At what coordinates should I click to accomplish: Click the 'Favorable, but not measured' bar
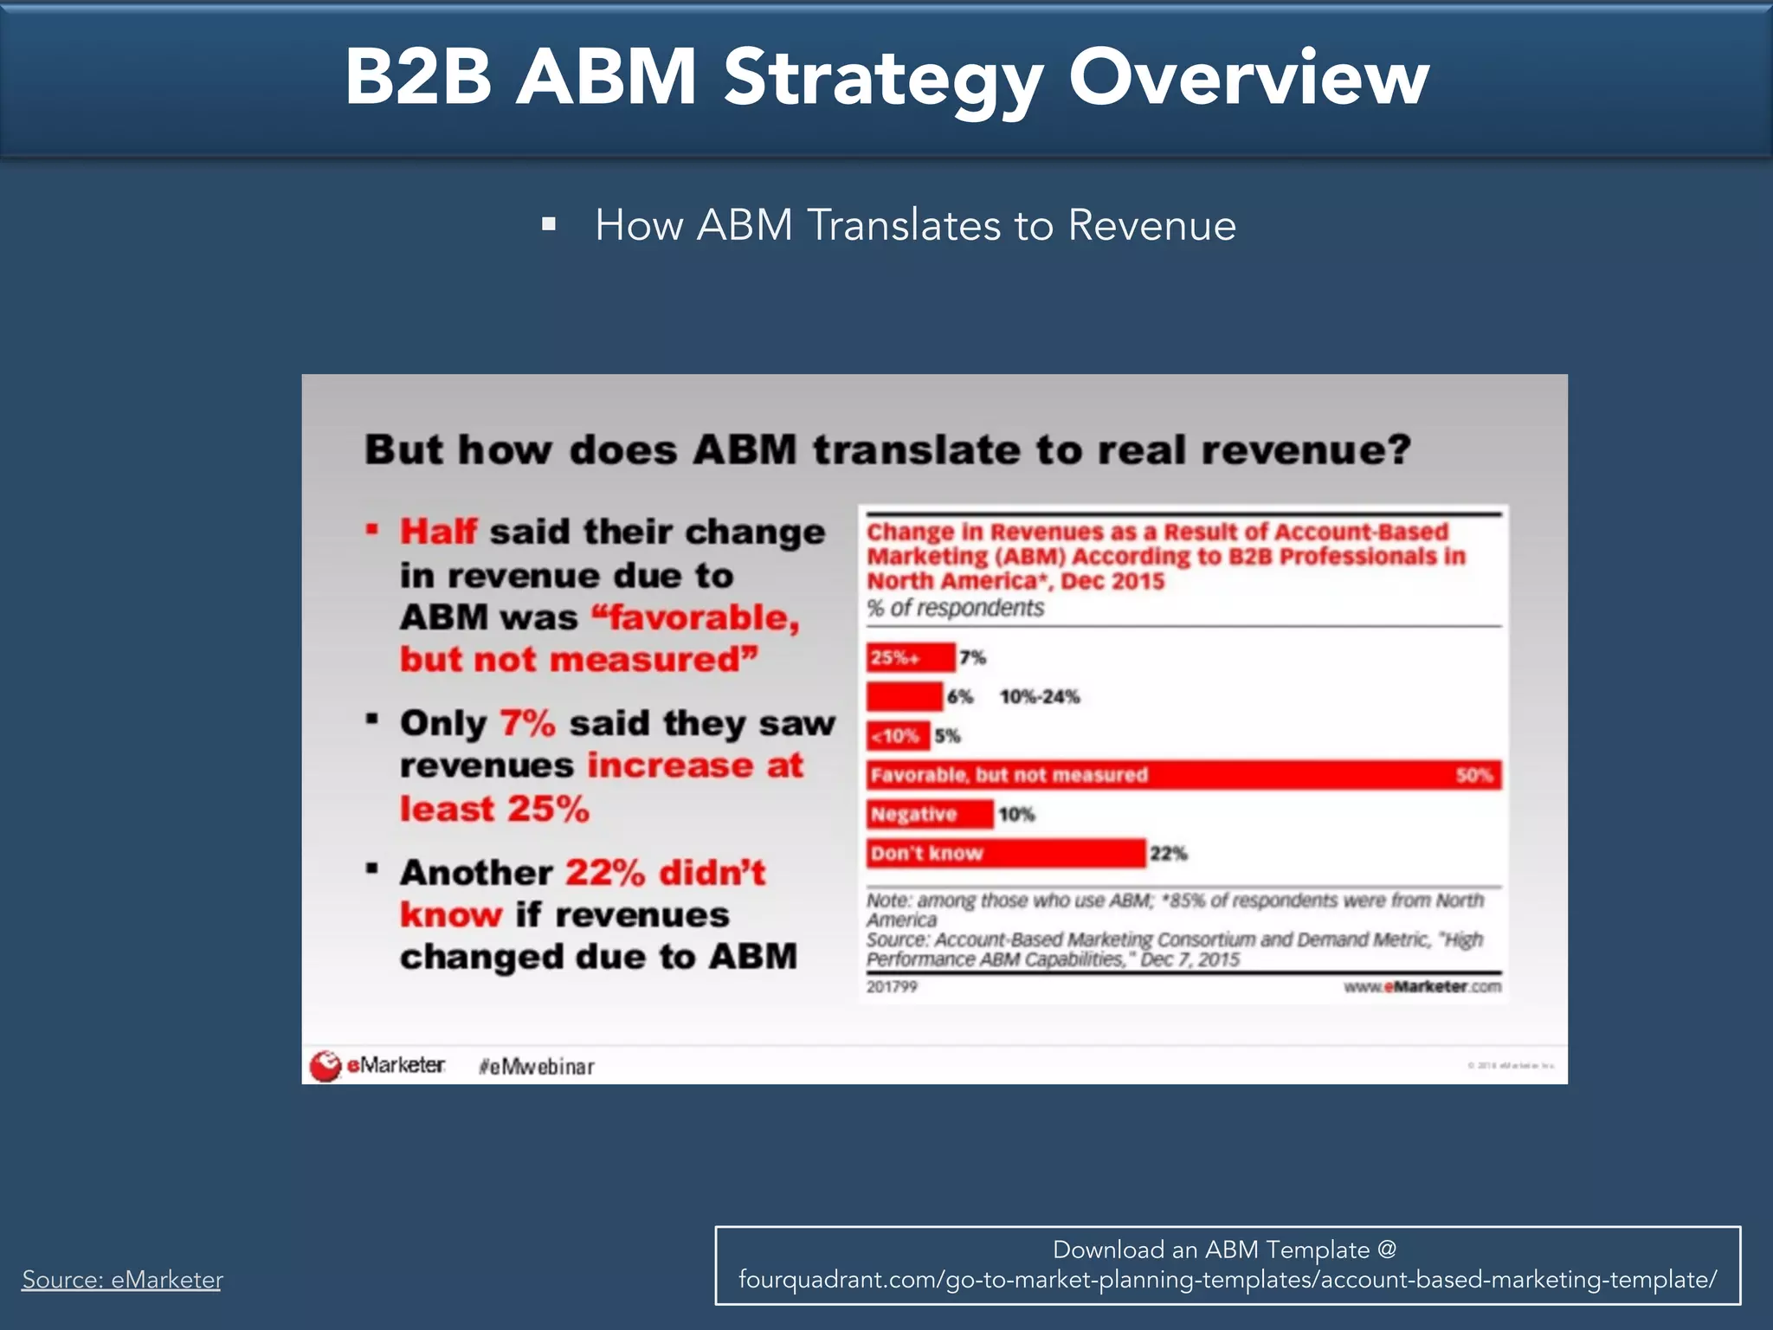[x=1183, y=775]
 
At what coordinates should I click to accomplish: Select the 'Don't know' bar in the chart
[x=1006, y=853]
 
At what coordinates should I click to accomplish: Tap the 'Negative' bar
[x=930, y=814]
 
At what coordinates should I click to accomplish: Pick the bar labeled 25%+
[x=911, y=657]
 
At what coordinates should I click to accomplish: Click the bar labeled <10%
[x=898, y=736]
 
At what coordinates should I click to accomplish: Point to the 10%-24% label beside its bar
[x=1040, y=697]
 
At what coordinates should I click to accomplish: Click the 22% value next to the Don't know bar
[x=1168, y=854]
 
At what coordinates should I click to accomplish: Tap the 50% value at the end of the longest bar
[x=1473, y=775]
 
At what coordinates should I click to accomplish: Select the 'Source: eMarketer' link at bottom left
[x=122, y=1279]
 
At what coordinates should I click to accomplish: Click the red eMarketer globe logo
[x=326, y=1066]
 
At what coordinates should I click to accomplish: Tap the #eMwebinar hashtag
[x=537, y=1067]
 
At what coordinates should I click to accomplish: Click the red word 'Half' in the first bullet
[x=438, y=532]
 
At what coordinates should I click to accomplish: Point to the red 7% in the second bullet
[x=527, y=723]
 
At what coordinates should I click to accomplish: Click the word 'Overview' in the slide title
[x=1248, y=78]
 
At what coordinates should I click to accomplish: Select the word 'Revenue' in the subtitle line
[x=1151, y=225]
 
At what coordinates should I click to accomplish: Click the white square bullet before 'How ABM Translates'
[x=548, y=225]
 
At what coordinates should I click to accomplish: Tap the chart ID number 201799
[x=892, y=987]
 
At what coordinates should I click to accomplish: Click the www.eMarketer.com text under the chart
[x=1422, y=987]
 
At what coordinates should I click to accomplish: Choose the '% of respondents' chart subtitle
[x=956, y=608]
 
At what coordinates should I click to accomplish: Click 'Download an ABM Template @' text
[x=1224, y=1249]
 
